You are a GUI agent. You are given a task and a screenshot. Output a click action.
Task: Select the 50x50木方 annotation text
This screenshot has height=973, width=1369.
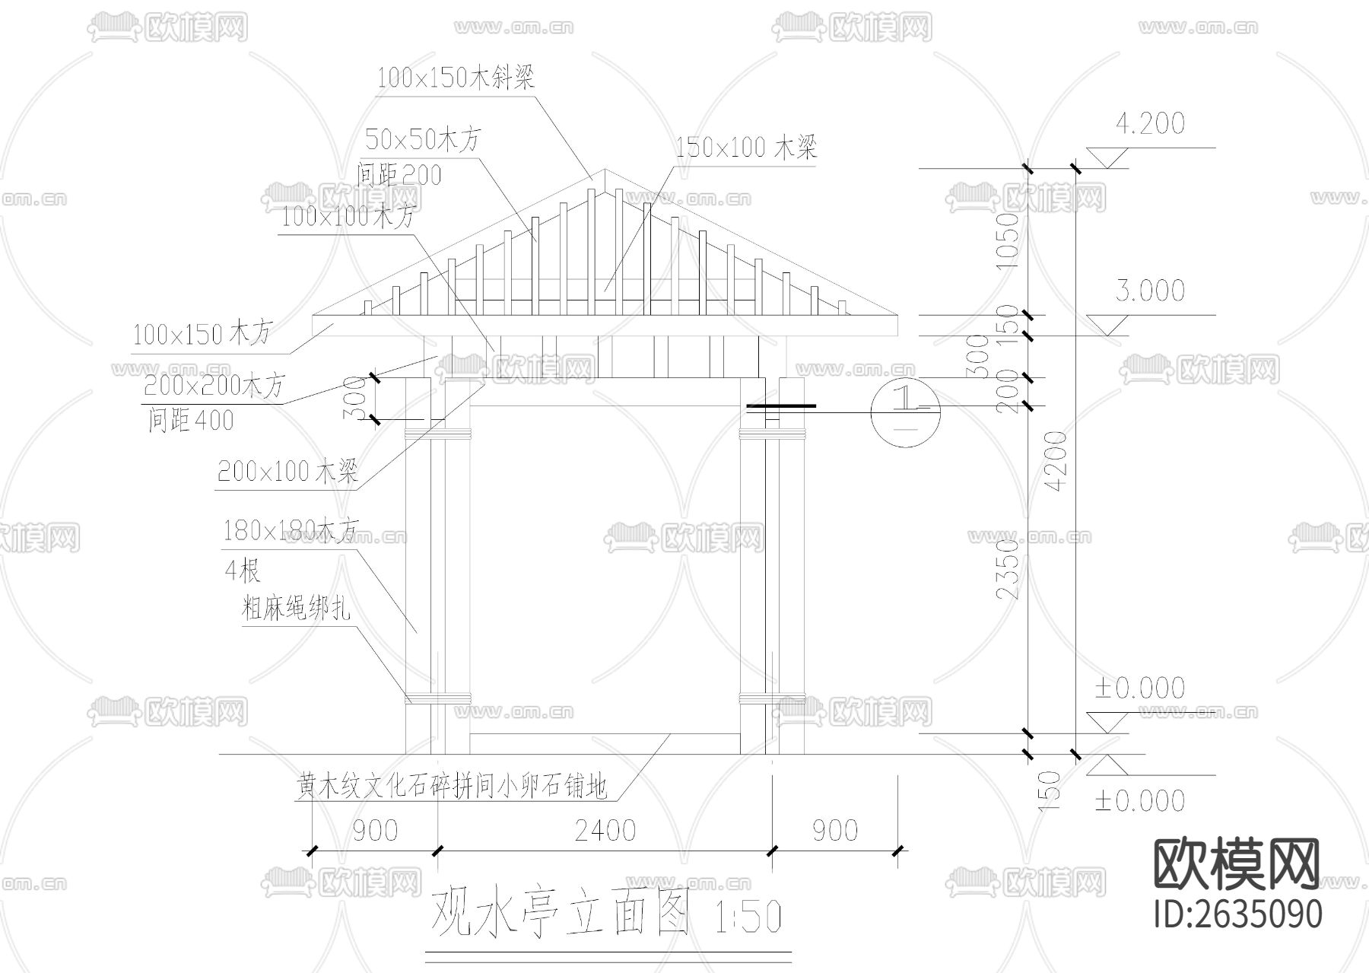tap(423, 140)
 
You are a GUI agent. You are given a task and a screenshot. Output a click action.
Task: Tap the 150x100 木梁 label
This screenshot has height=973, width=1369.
tap(745, 147)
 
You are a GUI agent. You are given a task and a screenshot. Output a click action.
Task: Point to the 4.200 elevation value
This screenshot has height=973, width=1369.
tap(1149, 124)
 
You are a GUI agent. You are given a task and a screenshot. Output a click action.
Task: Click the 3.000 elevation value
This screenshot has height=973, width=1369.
tap(1149, 291)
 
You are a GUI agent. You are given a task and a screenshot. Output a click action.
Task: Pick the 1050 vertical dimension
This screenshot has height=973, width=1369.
tap(1007, 240)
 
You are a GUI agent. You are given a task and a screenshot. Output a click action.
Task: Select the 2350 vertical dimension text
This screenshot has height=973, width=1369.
tap(1007, 568)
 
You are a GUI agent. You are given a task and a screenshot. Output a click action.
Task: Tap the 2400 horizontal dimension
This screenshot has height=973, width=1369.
tap(605, 831)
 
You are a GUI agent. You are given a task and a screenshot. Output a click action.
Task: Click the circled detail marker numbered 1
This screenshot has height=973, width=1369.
tap(905, 412)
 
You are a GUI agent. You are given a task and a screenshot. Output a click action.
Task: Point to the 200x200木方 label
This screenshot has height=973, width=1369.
tap(214, 386)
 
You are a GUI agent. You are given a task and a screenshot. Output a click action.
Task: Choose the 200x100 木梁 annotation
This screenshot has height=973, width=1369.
tap(287, 472)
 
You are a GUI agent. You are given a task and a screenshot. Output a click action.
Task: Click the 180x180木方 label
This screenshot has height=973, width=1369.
tap(290, 531)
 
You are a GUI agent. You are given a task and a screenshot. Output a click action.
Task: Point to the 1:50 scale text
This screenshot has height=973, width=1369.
tap(748, 916)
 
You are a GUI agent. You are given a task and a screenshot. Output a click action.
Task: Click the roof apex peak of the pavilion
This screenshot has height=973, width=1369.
tap(605, 170)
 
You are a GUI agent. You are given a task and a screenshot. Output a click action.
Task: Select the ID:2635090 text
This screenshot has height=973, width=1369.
tap(1237, 914)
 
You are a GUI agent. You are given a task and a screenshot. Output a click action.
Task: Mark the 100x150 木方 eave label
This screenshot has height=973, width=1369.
tap(201, 334)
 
